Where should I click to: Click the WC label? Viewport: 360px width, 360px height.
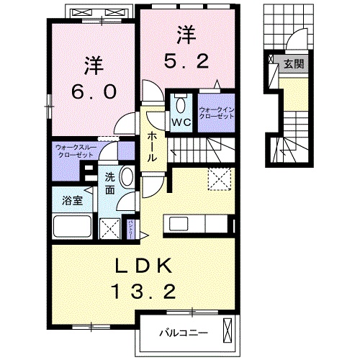(x=179, y=121)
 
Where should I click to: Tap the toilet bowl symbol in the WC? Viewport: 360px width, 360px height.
(x=180, y=102)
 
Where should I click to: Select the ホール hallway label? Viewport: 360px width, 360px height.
(x=153, y=138)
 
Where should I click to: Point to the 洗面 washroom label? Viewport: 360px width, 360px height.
(x=109, y=184)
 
